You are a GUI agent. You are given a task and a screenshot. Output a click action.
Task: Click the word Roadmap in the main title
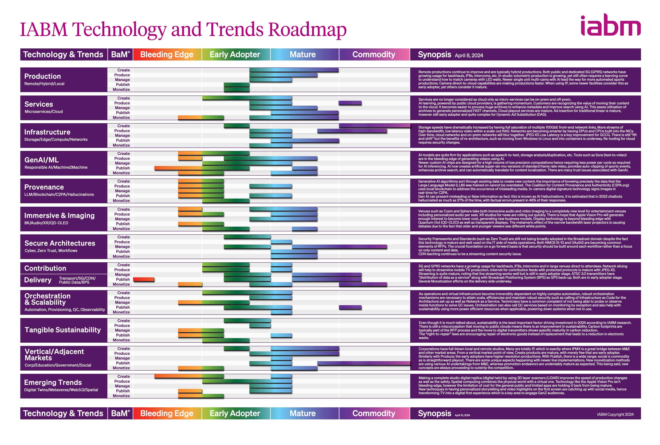307,30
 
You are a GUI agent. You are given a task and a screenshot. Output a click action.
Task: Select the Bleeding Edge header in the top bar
167,54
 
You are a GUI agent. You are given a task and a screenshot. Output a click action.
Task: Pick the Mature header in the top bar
302,54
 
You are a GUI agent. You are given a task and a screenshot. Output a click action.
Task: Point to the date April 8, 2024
469,55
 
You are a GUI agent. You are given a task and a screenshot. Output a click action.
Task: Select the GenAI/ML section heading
41,160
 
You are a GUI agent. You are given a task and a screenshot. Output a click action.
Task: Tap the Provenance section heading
44,187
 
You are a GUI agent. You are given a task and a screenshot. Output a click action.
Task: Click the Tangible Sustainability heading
63,330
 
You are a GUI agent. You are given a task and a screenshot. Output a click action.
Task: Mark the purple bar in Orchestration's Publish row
350,307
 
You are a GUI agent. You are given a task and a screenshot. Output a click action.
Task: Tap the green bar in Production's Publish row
236,85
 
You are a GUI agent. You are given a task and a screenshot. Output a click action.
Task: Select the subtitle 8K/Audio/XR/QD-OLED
46,223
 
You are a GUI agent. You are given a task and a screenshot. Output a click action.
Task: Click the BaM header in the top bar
120,54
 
